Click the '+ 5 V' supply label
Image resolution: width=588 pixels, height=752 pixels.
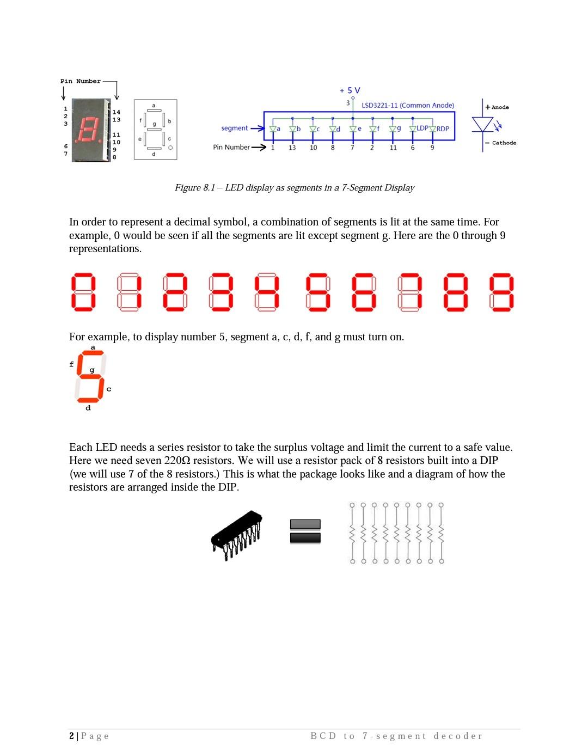point(350,90)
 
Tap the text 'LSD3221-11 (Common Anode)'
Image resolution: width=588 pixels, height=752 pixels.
point(408,106)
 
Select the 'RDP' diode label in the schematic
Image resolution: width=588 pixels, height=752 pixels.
point(443,129)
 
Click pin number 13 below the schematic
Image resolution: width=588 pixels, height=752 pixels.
point(292,148)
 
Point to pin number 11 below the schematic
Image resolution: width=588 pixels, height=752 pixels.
point(393,148)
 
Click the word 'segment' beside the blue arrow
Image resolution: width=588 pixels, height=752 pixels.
point(234,129)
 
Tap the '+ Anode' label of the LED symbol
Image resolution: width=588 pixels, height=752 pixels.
point(497,107)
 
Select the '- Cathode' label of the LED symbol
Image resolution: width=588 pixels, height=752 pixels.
point(501,143)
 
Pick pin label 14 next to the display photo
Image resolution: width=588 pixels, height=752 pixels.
point(117,112)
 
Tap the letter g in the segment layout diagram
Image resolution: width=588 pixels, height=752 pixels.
point(155,124)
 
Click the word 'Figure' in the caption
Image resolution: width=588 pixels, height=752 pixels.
point(187,188)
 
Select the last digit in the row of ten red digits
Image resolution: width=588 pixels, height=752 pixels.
point(502,292)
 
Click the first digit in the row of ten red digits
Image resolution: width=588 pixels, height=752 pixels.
point(83,292)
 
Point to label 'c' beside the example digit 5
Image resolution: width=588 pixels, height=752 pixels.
point(109,389)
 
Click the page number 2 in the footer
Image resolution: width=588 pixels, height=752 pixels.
point(72,736)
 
